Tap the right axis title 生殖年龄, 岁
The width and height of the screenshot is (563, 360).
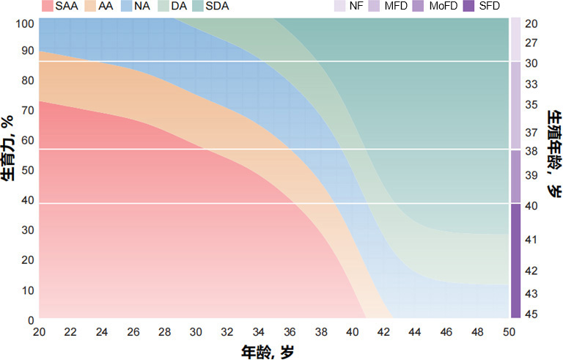pos(553,154)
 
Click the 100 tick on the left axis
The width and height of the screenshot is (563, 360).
pos(25,23)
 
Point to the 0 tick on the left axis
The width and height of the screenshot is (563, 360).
pos(30,320)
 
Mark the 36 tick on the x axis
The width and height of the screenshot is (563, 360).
pos(290,332)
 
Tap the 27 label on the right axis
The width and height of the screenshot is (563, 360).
pos(532,44)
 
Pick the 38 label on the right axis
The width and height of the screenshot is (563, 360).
pos(532,152)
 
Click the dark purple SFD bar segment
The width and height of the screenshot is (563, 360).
pos(515,260)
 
